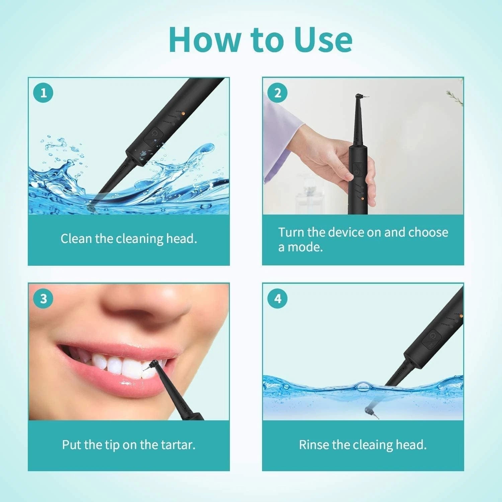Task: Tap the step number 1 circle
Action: [43, 93]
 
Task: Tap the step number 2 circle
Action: [277, 93]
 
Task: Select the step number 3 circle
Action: [43, 299]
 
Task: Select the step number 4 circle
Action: [277, 299]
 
